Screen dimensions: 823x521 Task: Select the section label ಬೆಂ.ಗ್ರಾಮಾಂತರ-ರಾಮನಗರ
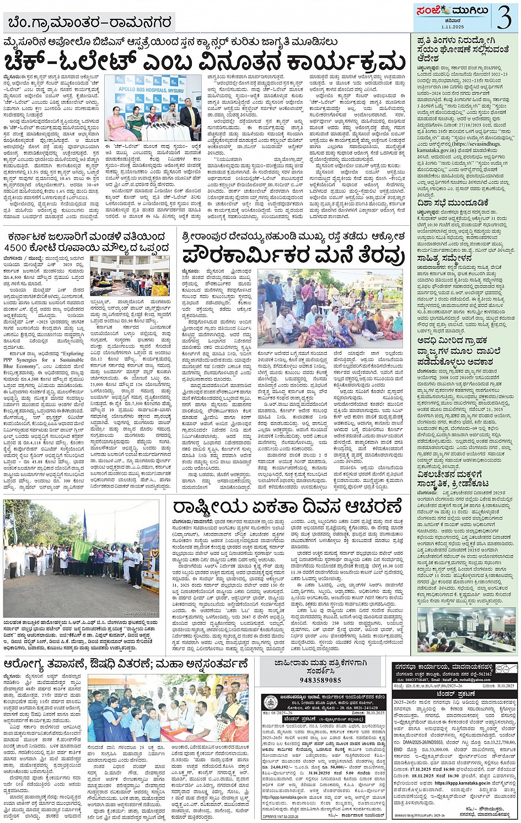click(x=90, y=23)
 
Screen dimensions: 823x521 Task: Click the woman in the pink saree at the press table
click(x=119, y=124)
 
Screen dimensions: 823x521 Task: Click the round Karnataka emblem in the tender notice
click(x=270, y=699)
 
